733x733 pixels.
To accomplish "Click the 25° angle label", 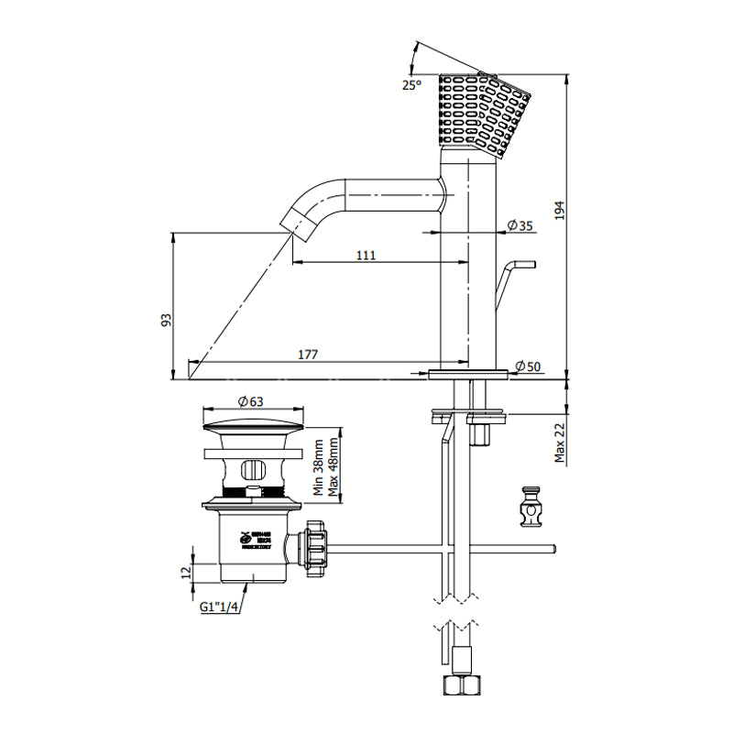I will pyautogui.click(x=411, y=85).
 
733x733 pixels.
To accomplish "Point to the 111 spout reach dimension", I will pyautogui.click(x=366, y=256).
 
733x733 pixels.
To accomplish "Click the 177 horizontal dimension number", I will pyautogui.click(x=306, y=355).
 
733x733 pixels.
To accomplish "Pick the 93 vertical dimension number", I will pyautogui.click(x=166, y=320).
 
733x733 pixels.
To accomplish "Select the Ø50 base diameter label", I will pyautogui.click(x=529, y=366).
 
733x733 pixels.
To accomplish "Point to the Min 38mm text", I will pyautogui.click(x=318, y=467).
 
